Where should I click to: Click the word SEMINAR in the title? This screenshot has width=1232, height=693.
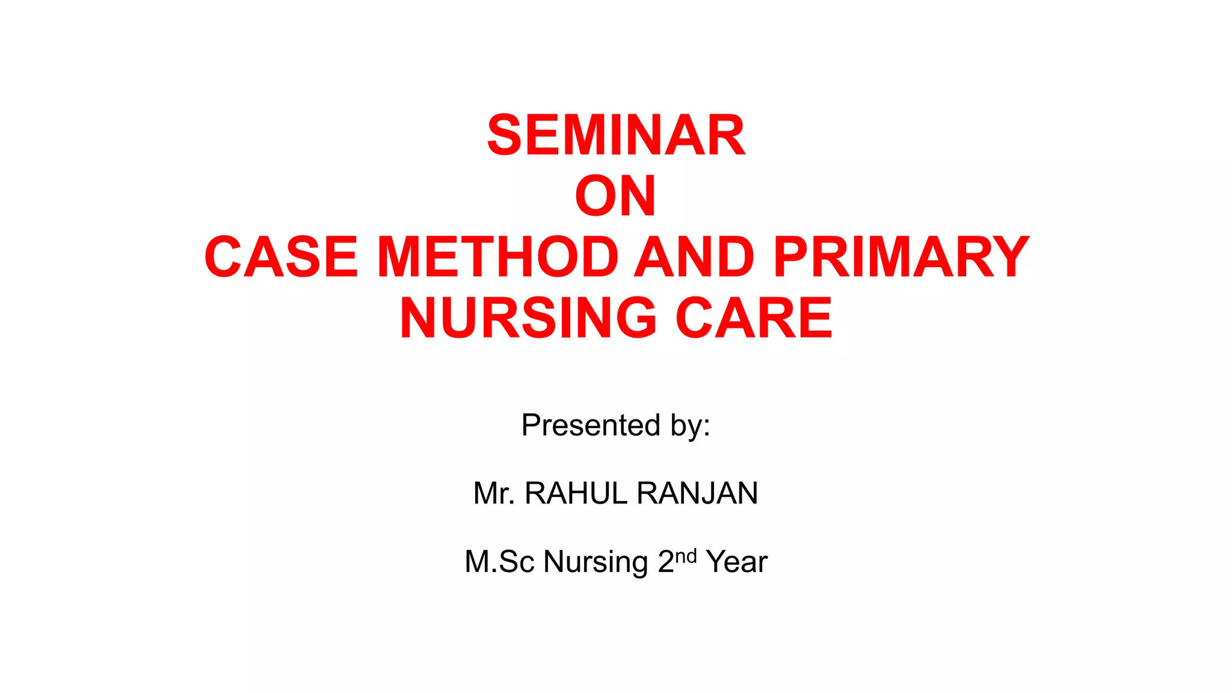tap(616, 136)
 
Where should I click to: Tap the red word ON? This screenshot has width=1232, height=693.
tap(615, 197)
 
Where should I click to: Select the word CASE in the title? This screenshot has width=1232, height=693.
tap(282, 257)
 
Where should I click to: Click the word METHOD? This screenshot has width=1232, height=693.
tap(498, 257)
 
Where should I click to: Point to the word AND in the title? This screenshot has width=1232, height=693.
tap(695, 257)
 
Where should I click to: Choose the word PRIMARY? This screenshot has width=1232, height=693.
tap(901, 257)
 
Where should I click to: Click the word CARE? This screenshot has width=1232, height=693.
tap(754, 318)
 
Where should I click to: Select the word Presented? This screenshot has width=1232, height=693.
tap(591, 425)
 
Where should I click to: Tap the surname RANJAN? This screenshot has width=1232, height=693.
tap(697, 494)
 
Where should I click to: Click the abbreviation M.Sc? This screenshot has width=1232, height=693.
tap(499, 562)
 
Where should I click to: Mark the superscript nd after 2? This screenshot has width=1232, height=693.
tap(686, 555)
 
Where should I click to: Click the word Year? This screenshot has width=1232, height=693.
tap(737, 562)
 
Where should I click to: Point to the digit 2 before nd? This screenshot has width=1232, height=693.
tap(666, 562)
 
